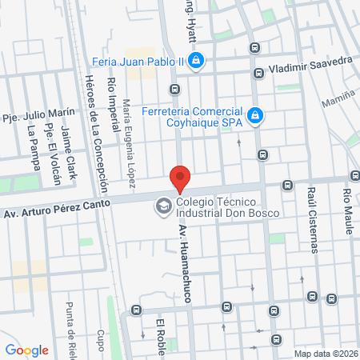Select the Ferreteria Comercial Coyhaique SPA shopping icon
click(x=254, y=117)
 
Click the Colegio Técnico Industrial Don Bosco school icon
click(x=164, y=206)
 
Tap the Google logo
click(x=26, y=350)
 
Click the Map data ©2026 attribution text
click(x=324, y=354)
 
